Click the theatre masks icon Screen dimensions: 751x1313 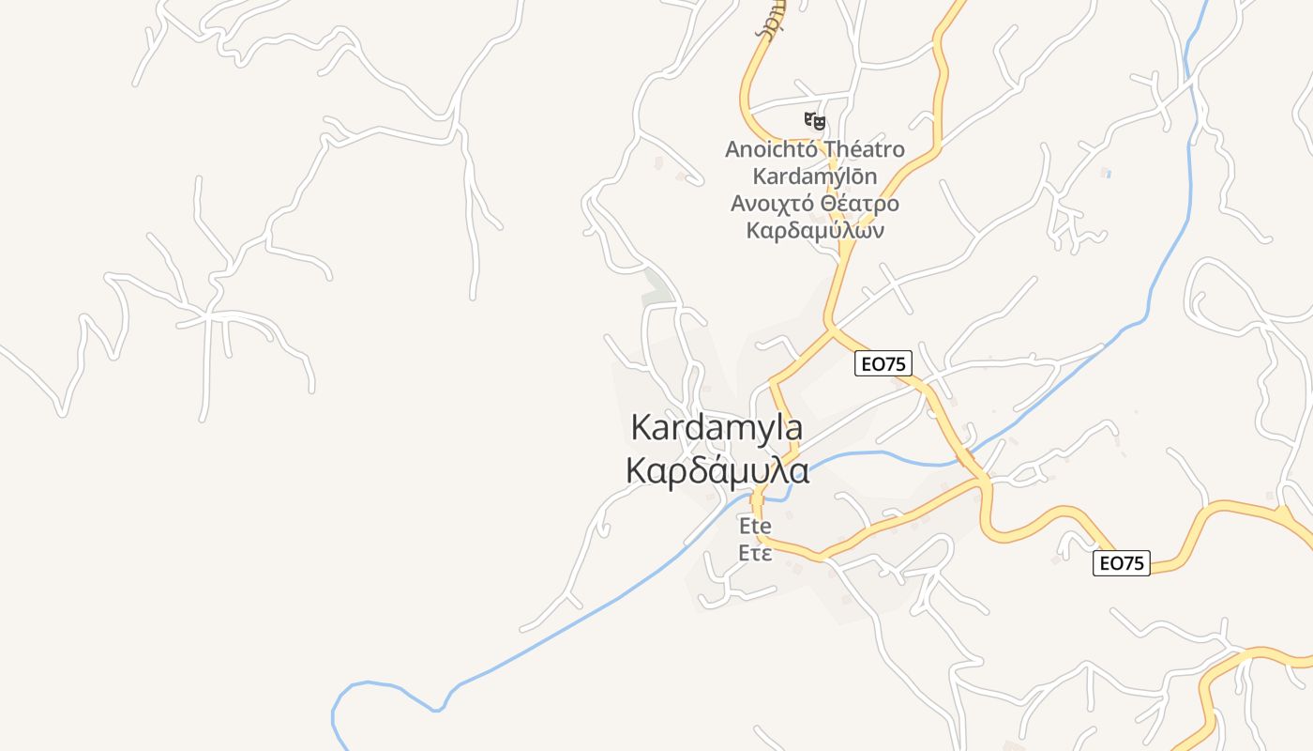tap(815, 120)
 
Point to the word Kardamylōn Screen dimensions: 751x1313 tap(815, 176)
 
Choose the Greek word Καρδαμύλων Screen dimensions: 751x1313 tap(815, 231)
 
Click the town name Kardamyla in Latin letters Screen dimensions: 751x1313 tap(717, 427)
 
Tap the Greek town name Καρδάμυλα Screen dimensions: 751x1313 tap(717, 471)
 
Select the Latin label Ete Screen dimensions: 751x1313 tap(755, 525)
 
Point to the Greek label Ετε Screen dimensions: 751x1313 tap(755, 553)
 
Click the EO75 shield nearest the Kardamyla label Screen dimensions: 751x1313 tap(883, 363)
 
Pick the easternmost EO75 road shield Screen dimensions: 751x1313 tap(1122, 563)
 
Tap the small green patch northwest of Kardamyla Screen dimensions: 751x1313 tap(657, 286)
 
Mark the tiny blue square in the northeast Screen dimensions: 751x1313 tap(1107, 174)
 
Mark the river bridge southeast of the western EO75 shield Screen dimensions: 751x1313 tap(963, 458)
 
